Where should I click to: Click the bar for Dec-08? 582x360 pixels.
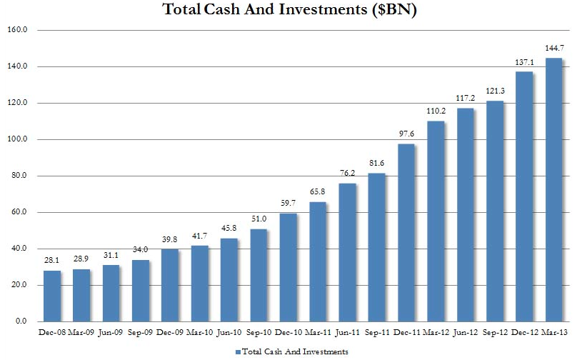(x=53, y=296)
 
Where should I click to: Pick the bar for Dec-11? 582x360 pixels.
(x=406, y=233)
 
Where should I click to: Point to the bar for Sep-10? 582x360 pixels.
(x=259, y=275)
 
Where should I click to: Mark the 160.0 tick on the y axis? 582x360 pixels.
(x=17, y=31)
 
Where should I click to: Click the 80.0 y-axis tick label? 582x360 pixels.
(x=19, y=176)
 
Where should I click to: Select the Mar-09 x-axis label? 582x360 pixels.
(x=82, y=332)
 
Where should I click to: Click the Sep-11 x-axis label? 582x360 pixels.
(x=376, y=332)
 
